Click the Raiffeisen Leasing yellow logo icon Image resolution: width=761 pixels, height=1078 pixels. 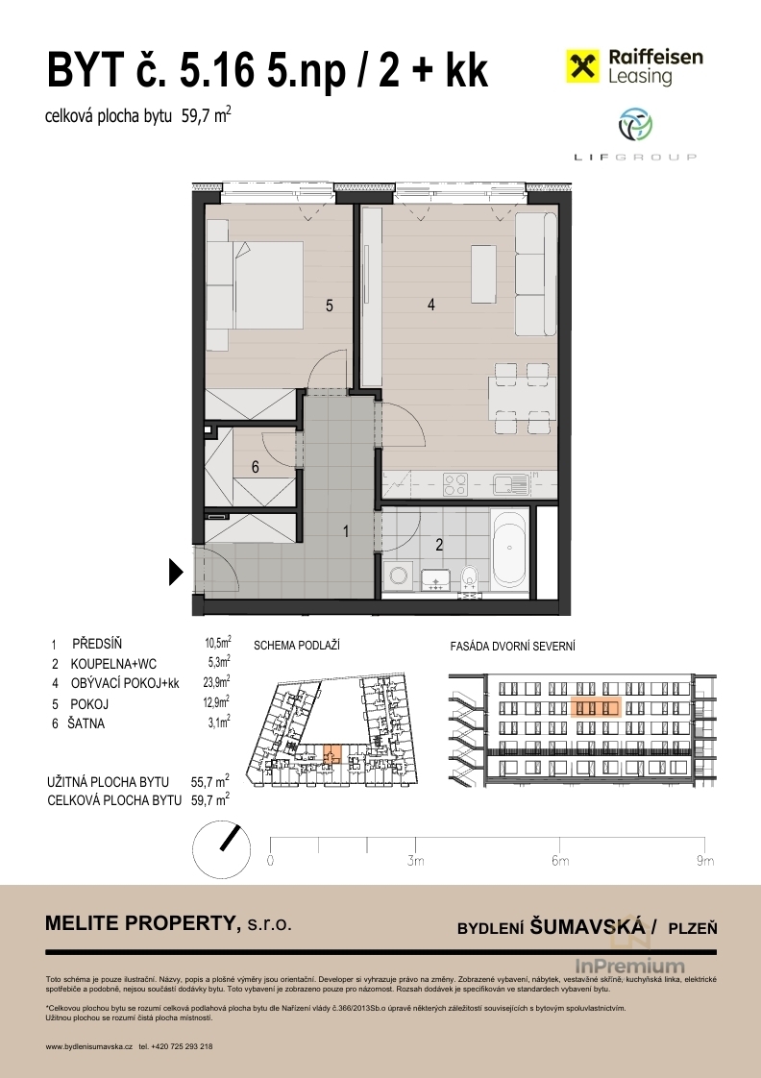(x=582, y=66)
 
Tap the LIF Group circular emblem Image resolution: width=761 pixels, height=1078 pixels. (x=635, y=126)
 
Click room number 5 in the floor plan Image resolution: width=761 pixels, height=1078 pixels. (x=330, y=306)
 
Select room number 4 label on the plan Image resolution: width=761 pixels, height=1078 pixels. (x=431, y=304)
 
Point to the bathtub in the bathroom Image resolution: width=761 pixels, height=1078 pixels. (x=509, y=548)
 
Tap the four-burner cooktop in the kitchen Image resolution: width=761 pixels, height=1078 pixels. (x=455, y=484)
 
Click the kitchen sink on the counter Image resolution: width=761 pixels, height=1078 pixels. (x=511, y=484)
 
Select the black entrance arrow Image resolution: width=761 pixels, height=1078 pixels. (x=176, y=572)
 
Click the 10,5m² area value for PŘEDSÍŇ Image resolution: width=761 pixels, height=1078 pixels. (x=217, y=644)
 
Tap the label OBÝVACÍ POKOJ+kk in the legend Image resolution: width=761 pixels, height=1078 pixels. (x=124, y=683)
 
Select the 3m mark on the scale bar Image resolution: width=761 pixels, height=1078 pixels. (x=415, y=861)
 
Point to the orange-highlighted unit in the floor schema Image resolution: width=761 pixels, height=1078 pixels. (x=331, y=753)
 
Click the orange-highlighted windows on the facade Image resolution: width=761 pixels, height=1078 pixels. (x=596, y=708)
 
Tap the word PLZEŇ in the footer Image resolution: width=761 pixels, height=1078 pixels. (x=693, y=928)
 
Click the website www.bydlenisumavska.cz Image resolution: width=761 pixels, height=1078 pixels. (x=88, y=1046)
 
